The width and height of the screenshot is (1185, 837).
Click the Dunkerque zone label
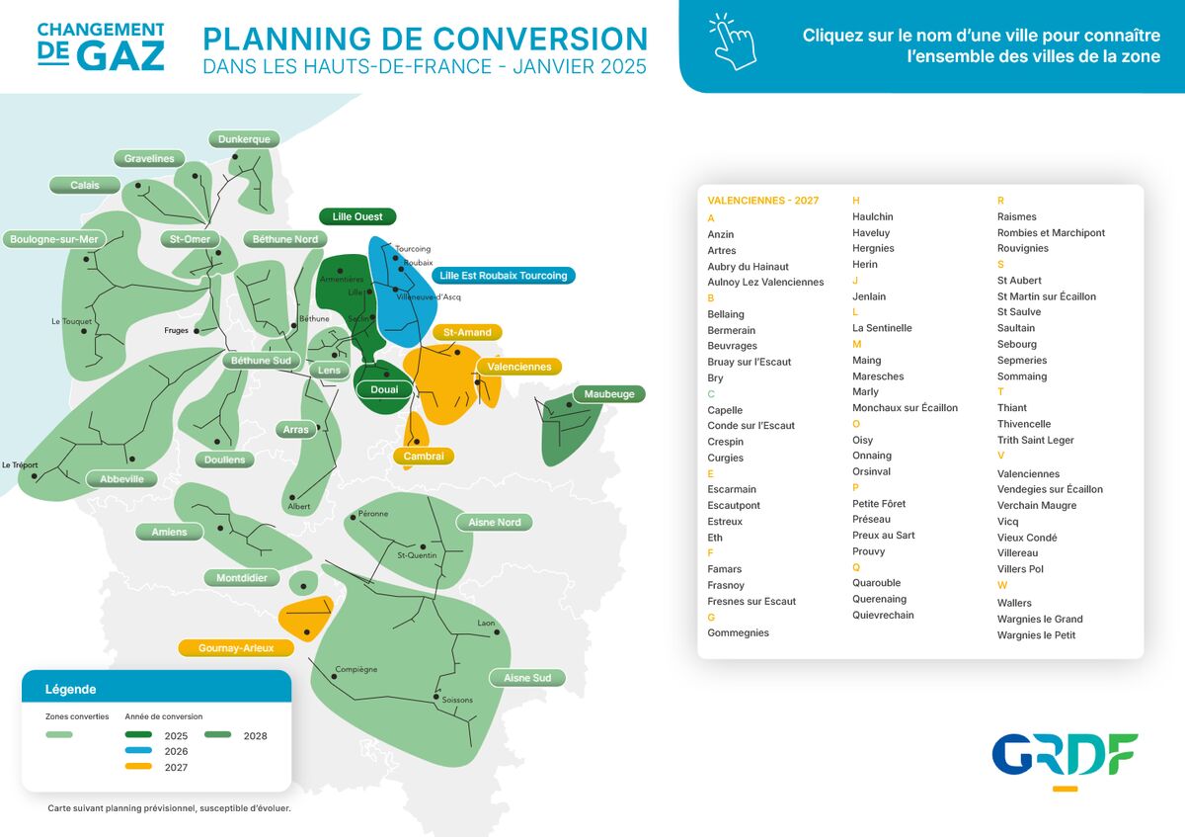[244, 139]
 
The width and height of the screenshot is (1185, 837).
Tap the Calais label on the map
[85, 186]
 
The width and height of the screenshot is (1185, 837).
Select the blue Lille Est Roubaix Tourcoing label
[503, 276]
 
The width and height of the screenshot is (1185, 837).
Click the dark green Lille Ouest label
[357, 216]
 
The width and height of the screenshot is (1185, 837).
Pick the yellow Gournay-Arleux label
[236, 648]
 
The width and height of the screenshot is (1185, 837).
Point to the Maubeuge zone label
[609, 394]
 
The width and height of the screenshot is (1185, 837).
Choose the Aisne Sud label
[527, 678]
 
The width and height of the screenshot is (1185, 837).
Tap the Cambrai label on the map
[424, 456]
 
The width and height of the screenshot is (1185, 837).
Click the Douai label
[384, 389]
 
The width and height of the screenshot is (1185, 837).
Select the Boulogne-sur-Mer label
[54, 239]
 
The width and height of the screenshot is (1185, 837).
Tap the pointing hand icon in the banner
[733, 42]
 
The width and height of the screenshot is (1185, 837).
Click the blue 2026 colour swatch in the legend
[138, 750]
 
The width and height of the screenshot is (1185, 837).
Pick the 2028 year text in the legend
[255, 736]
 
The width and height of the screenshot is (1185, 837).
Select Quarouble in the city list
[876, 583]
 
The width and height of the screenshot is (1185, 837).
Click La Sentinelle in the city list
[882, 328]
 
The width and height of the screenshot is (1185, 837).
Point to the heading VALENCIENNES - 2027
[762, 201]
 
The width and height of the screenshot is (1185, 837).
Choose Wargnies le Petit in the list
[1036, 634]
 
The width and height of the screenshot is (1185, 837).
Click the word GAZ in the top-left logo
[121, 55]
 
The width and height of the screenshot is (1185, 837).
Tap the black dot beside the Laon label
[498, 632]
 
